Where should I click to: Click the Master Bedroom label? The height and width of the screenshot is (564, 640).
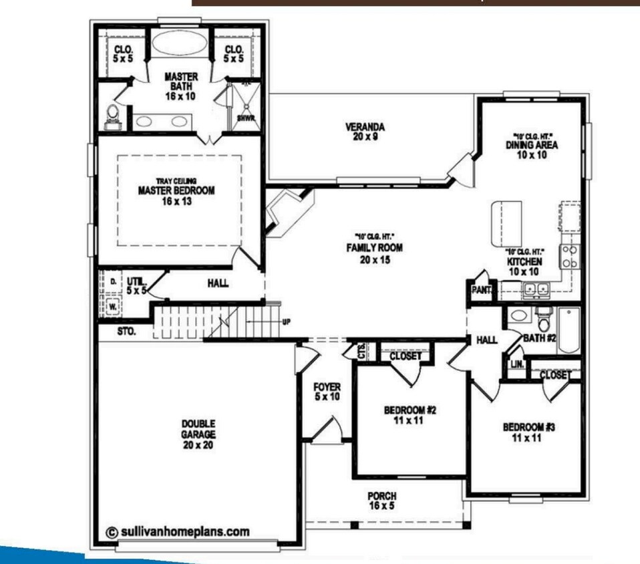(176, 190)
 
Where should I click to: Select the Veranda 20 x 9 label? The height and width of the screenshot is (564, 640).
(365, 132)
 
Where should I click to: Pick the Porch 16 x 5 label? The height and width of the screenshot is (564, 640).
(381, 501)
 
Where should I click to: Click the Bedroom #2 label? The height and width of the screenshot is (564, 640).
(410, 415)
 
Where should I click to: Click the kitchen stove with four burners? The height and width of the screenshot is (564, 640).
(569, 257)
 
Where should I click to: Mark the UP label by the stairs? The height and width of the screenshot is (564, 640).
(287, 321)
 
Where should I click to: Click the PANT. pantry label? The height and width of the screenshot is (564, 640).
(481, 290)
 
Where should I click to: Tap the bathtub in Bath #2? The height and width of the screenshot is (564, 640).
(570, 330)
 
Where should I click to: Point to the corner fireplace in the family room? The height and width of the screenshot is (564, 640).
(283, 213)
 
